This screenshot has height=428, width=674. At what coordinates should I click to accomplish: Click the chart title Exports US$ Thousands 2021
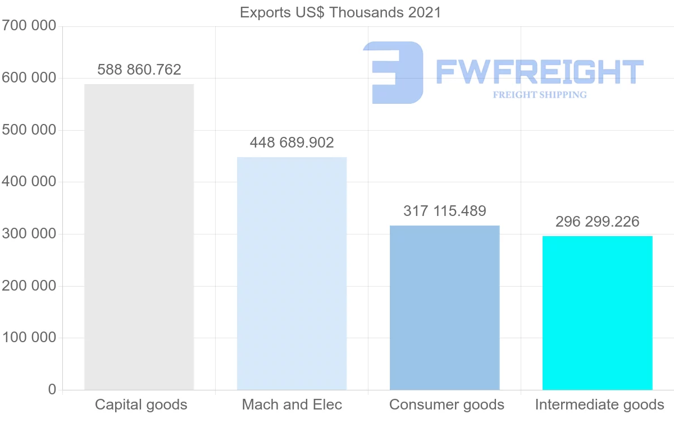(340, 12)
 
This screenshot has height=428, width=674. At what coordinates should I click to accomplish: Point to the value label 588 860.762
(139, 70)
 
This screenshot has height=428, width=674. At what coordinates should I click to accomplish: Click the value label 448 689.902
(292, 142)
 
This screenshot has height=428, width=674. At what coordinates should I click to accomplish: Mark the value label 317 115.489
(444, 211)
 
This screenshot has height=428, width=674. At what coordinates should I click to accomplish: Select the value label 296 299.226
(597, 222)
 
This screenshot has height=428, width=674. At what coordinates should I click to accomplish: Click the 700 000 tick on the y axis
(29, 26)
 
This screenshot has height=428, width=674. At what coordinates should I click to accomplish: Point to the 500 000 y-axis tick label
(29, 130)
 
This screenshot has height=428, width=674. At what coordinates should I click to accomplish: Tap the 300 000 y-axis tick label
(29, 234)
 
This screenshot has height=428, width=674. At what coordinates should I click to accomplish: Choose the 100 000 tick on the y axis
(29, 338)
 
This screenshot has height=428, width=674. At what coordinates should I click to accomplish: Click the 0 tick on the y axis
(52, 389)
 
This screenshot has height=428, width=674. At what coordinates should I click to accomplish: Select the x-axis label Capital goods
(141, 404)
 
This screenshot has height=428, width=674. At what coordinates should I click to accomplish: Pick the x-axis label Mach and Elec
(292, 404)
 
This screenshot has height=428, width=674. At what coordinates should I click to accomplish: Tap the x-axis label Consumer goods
(447, 404)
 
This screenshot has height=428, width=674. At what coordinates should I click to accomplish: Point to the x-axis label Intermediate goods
(599, 404)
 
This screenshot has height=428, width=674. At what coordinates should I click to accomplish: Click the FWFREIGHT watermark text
(539, 72)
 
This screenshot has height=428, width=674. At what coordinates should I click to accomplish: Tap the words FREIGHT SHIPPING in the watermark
(539, 95)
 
